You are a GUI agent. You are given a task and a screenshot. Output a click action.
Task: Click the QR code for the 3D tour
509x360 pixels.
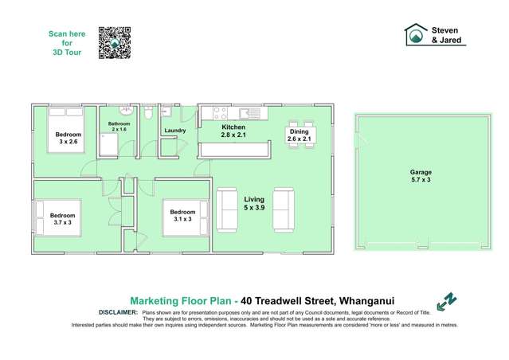114,42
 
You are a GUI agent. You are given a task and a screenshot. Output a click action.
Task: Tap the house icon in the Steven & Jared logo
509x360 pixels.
414,34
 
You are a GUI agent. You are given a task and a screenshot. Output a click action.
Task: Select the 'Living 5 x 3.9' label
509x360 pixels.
255,203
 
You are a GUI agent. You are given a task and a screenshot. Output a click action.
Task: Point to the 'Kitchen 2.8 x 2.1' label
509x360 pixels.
233,131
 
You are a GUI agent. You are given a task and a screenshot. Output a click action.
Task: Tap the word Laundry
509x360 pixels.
174,131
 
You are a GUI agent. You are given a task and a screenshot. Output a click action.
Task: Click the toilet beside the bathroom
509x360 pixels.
149,115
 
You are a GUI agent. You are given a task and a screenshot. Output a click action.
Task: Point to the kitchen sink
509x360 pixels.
244,112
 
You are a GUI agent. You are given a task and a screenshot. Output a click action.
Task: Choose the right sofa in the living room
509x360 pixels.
284,209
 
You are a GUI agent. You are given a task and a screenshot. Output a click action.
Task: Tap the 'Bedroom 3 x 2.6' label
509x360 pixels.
68,139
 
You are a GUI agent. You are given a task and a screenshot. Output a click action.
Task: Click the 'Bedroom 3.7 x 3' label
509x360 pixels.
62,219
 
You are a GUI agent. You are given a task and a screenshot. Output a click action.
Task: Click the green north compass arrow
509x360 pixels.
447,300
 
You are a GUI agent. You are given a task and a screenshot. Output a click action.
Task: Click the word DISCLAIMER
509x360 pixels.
119,313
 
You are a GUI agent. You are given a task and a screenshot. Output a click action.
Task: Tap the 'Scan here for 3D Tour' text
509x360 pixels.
66,44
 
